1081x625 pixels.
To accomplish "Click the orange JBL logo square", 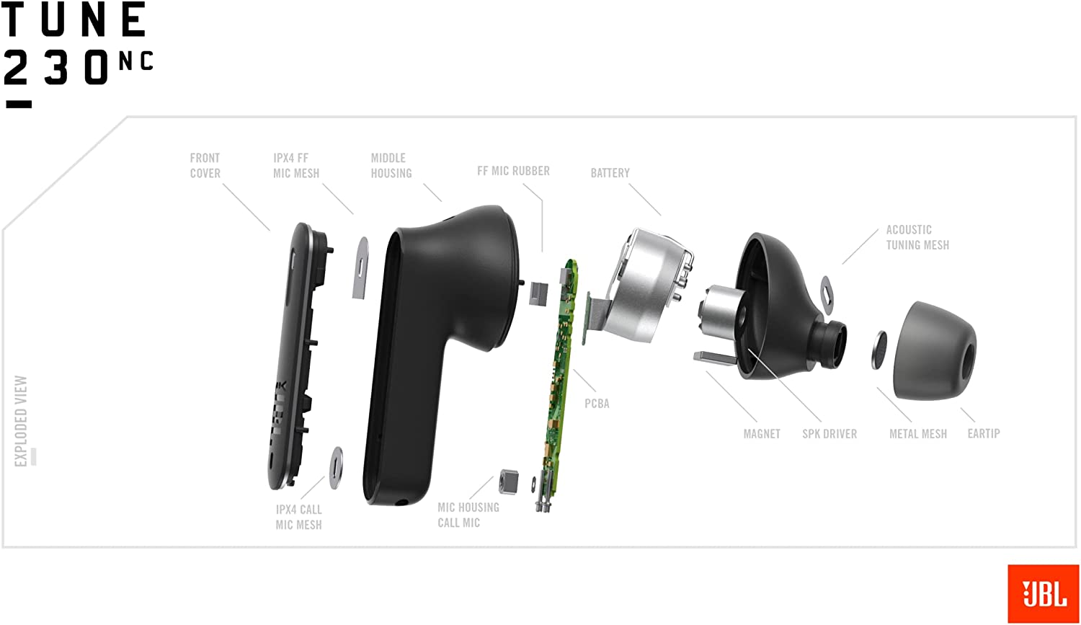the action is [x=1043, y=593].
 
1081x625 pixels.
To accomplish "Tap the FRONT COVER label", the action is [x=205, y=166].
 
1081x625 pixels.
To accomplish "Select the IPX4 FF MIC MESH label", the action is [x=296, y=166].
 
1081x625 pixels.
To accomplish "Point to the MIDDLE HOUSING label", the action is [x=391, y=166].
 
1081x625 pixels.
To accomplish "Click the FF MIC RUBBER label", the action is [x=513, y=171].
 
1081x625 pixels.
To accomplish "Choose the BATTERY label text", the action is [x=610, y=173].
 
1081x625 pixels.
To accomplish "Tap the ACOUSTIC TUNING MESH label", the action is [x=917, y=237].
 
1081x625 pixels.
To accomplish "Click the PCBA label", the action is [x=597, y=404].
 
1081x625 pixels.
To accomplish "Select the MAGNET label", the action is [x=762, y=434].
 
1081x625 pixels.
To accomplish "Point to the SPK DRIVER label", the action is [x=829, y=434].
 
